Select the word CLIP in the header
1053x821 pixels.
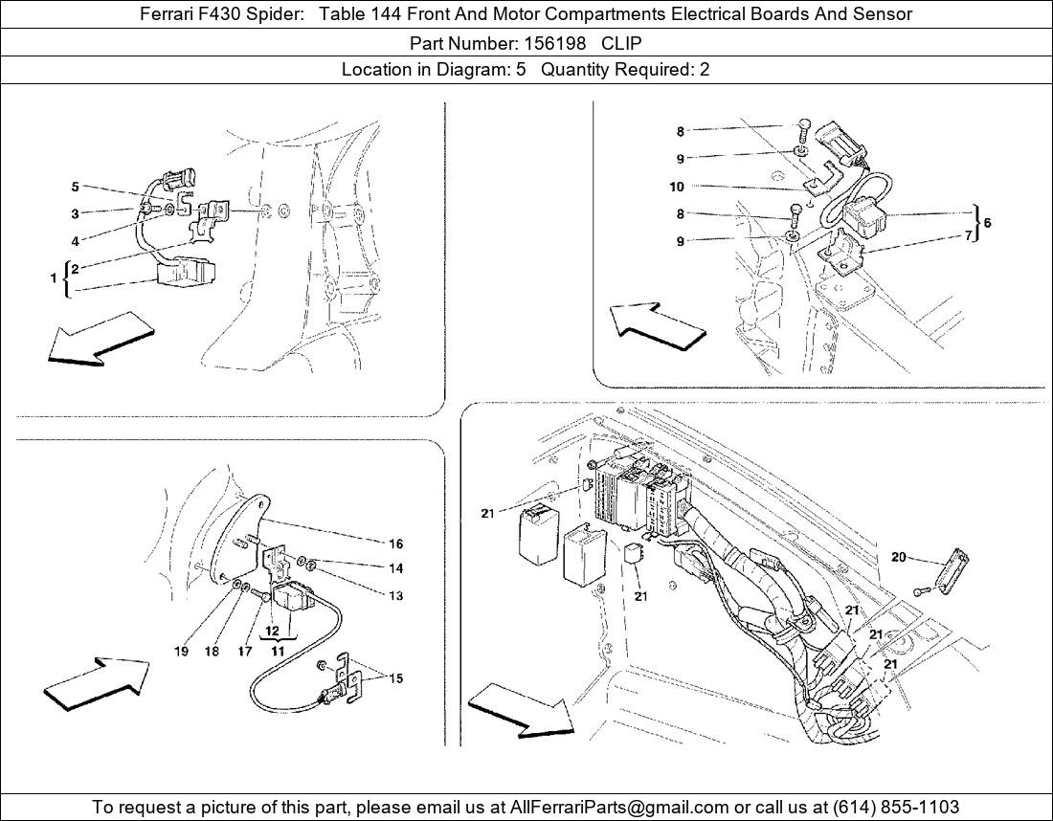point(621,43)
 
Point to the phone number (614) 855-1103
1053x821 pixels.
point(897,807)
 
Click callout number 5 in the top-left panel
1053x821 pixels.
point(75,187)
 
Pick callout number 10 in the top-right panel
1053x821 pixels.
point(677,187)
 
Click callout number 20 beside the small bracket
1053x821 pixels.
point(898,557)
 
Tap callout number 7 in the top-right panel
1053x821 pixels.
point(969,234)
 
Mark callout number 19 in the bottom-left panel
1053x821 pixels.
point(181,652)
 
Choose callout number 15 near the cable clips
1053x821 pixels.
point(395,678)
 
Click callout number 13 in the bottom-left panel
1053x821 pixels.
point(395,595)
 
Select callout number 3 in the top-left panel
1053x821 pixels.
point(75,213)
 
